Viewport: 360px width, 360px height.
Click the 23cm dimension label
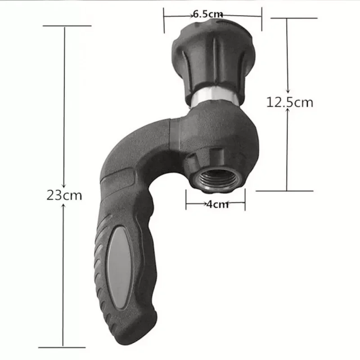click(x=64, y=196)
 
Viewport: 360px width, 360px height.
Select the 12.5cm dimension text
click(x=289, y=102)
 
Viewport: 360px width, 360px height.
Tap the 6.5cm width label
click(x=208, y=14)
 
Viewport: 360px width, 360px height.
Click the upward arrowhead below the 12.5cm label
click(x=288, y=111)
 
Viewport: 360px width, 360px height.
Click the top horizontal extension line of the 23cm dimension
click(x=67, y=26)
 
